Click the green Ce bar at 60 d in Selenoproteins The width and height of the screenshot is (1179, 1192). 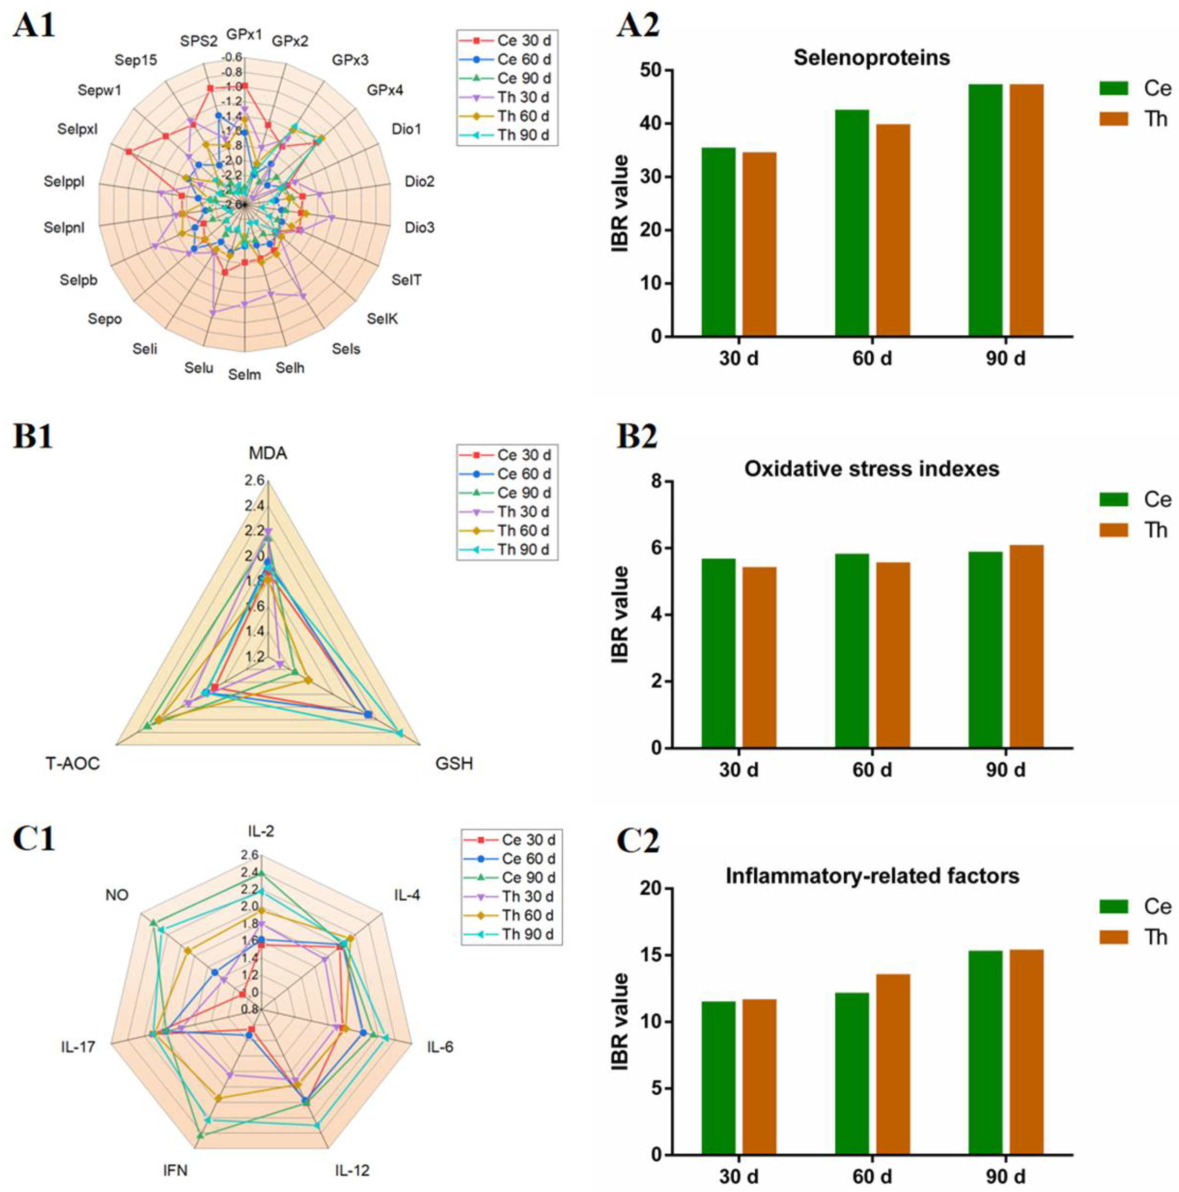851,223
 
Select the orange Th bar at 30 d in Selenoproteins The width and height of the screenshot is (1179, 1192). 759,244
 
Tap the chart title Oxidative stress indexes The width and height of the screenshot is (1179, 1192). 871,469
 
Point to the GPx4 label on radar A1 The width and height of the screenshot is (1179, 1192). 385,91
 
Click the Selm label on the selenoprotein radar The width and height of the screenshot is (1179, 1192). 244,375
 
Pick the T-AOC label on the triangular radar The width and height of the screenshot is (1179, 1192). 73,764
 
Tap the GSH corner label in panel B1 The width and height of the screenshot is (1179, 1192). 454,764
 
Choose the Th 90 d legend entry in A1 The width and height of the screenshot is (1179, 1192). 522,135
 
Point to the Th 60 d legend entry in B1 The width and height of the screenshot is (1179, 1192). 522,531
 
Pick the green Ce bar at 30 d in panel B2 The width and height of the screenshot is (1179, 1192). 718,653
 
